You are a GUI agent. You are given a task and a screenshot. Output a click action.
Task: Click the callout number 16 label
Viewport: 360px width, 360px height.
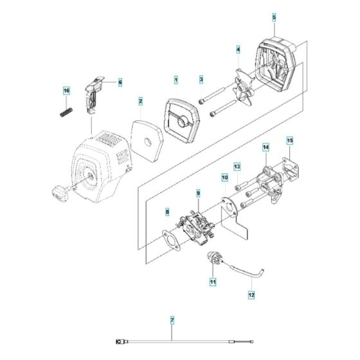tap(65, 91)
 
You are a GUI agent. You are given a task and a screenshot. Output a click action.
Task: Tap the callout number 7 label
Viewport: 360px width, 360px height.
tap(172, 319)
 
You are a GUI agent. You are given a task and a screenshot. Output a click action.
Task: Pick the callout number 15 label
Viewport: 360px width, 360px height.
tap(290, 139)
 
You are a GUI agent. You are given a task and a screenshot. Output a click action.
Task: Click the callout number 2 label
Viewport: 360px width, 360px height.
tap(139, 101)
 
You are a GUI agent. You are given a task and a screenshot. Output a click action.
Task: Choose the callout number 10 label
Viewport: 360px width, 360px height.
tap(224, 175)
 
